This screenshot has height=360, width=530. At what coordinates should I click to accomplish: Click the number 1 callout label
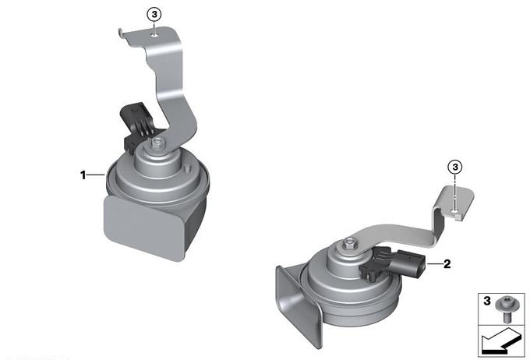tap(83, 175)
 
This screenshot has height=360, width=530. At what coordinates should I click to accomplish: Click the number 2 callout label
tap(447, 263)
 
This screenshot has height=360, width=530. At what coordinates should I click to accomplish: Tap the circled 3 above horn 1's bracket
tap(154, 15)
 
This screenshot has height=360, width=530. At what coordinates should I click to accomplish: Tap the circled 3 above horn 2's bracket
tap(455, 167)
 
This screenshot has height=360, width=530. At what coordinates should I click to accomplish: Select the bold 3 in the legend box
tap(486, 301)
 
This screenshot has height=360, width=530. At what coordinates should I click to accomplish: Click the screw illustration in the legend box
tap(504, 309)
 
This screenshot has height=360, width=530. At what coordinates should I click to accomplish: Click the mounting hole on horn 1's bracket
tap(155, 34)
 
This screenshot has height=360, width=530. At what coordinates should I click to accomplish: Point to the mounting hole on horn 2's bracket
tap(455, 211)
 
